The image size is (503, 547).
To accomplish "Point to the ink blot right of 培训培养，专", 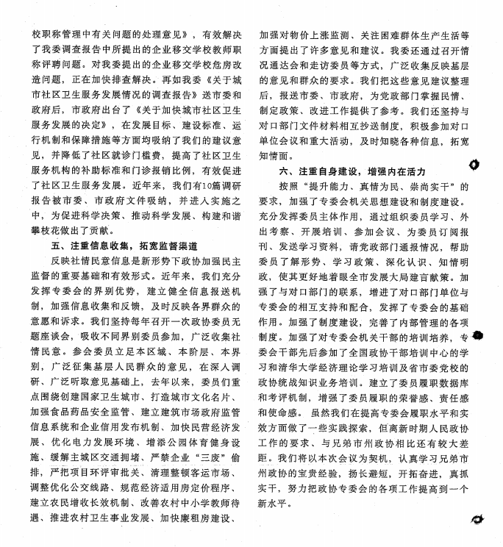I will [479, 337].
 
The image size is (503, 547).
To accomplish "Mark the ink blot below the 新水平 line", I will [478, 520].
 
